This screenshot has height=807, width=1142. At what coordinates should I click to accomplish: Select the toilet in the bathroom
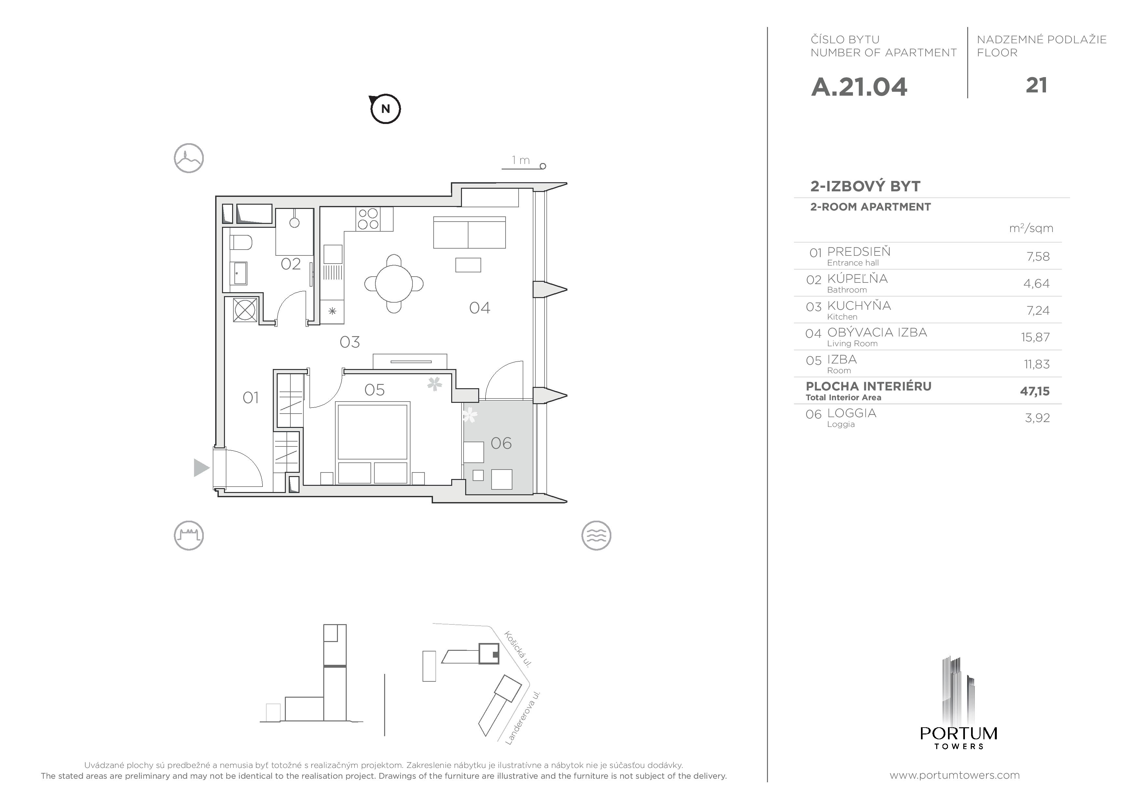tap(241, 243)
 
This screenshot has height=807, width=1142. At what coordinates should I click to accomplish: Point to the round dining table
tap(394, 284)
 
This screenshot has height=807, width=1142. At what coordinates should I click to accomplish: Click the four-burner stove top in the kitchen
tap(368, 219)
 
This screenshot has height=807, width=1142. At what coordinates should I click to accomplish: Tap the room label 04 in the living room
tap(480, 308)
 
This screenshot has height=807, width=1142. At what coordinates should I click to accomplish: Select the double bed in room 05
tap(373, 443)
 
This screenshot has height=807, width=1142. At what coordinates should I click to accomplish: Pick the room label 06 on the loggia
tap(501, 443)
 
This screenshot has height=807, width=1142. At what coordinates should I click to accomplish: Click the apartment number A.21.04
tap(859, 87)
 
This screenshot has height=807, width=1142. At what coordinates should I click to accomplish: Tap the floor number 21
tap(1036, 86)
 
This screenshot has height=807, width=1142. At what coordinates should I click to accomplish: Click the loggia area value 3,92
tap(1037, 418)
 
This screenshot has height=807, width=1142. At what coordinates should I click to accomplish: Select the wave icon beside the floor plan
tap(596, 536)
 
